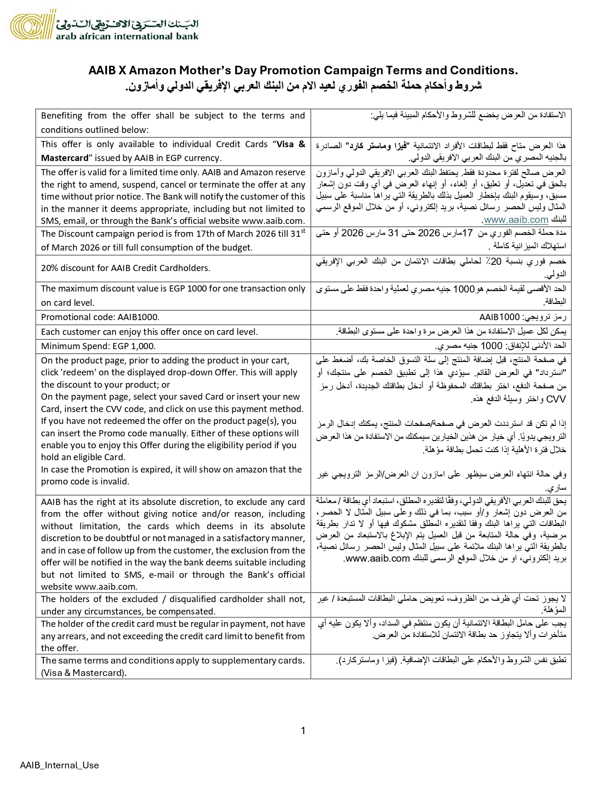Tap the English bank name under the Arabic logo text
pos(127,36)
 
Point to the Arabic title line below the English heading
pos(303,86)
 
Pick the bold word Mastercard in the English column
pos(65,158)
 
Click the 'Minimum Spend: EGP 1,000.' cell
pos(98,346)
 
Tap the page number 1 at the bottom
pos(303,731)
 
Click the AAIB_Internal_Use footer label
pos(60,766)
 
